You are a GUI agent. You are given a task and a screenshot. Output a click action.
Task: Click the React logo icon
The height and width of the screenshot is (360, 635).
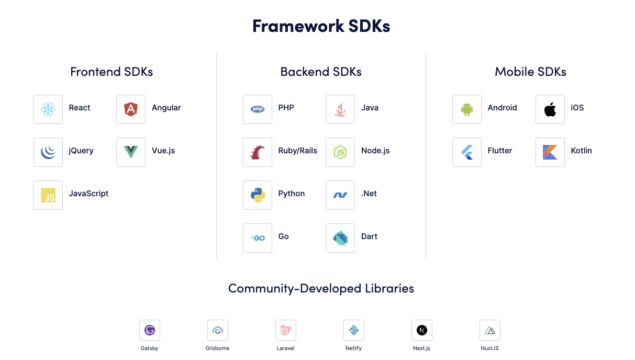click(48, 109)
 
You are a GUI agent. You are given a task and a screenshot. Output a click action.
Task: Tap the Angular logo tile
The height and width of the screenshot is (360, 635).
click(131, 109)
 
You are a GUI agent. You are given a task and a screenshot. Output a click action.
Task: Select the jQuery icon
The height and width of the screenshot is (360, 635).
click(48, 152)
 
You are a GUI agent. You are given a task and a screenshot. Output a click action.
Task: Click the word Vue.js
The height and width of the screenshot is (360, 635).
click(163, 151)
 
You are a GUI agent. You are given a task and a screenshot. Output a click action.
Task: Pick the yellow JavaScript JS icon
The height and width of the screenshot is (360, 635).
click(48, 195)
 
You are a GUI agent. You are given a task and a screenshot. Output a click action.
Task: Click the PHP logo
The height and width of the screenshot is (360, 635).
click(258, 109)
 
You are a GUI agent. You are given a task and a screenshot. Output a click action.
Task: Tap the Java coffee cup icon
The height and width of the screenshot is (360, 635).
click(340, 109)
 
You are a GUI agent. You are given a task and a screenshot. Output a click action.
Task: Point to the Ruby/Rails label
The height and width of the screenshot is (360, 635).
click(297, 151)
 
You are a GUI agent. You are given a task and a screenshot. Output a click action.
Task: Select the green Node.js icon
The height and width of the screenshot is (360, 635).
click(340, 152)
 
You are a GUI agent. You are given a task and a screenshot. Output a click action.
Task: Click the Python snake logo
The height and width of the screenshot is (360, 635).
click(258, 195)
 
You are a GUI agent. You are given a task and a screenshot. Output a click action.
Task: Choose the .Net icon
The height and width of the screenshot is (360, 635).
click(340, 195)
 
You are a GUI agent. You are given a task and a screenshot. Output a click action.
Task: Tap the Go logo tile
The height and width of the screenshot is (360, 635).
click(258, 238)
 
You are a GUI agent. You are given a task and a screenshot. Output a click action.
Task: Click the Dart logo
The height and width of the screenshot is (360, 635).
click(340, 238)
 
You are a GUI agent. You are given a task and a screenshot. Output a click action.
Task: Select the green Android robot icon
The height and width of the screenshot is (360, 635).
click(467, 109)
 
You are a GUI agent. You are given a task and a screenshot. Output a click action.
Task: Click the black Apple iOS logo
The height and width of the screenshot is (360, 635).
click(550, 109)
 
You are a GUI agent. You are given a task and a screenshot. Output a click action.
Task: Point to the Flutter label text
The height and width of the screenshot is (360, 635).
click(500, 151)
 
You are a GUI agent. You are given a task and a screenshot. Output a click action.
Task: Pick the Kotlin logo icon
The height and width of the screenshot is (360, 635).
click(550, 152)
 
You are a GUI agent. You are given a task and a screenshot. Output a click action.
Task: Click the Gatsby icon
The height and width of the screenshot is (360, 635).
click(150, 330)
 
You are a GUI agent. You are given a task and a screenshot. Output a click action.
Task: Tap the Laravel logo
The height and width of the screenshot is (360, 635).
click(286, 330)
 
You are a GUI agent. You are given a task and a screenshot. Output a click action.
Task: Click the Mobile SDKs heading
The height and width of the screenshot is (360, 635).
click(530, 72)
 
